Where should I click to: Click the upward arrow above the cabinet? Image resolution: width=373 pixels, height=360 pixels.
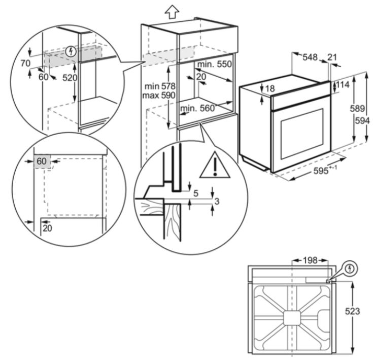(x=172, y=11)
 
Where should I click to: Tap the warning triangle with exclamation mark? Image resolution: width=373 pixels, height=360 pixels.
(x=215, y=165)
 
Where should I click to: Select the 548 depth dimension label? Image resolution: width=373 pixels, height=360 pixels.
(x=310, y=57)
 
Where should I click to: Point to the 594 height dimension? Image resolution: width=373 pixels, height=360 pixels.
(x=362, y=121)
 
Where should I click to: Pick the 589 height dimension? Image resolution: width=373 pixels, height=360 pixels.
(x=357, y=109)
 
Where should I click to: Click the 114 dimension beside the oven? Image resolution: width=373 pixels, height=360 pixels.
(x=343, y=84)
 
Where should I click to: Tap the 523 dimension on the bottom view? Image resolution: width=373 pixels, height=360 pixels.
(x=352, y=311)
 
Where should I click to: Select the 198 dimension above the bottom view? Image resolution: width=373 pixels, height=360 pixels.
(x=310, y=260)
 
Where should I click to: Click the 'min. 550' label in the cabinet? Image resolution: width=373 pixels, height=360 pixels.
(x=214, y=64)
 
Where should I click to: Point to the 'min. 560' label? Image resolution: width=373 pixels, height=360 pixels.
(x=197, y=109)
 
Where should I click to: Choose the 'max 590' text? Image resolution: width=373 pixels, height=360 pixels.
(x=159, y=95)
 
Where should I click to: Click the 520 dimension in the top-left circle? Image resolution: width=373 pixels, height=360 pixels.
(x=70, y=78)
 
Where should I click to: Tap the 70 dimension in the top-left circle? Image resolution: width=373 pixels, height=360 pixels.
(x=25, y=63)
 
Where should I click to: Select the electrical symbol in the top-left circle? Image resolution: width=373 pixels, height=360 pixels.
(x=71, y=51)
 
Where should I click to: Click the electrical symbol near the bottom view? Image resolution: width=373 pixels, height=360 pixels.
(x=350, y=269)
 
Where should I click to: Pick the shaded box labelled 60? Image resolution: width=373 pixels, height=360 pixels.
(x=42, y=161)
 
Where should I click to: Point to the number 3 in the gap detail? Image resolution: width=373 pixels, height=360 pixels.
(x=217, y=201)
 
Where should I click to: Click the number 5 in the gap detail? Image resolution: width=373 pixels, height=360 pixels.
(x=196, y=193)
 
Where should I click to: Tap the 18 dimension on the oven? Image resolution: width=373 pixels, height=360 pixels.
(x=270, y=88)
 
